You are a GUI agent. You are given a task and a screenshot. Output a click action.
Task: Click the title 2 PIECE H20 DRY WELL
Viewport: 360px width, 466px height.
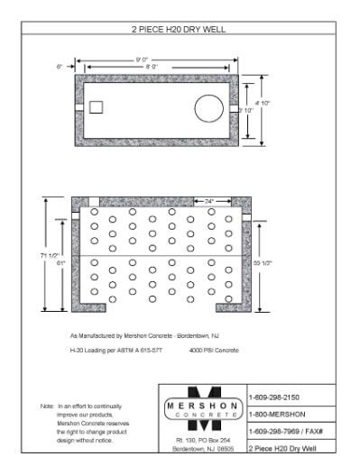click(x=179, y=30)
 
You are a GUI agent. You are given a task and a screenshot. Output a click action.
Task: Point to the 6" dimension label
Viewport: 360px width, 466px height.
click(x=60, y=67)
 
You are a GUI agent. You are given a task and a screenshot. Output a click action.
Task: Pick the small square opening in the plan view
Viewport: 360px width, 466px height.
click(x=97, y=107)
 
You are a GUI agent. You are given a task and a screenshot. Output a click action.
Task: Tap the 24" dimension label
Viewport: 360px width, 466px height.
click(x=208, y=201)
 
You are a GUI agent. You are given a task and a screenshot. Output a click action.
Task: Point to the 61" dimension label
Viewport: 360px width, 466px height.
click(x=61, y=263)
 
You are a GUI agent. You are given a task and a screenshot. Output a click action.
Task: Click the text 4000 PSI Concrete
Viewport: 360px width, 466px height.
click(x=215, y=350)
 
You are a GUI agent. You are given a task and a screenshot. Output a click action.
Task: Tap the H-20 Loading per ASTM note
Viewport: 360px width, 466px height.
click(x=120, y=350)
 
